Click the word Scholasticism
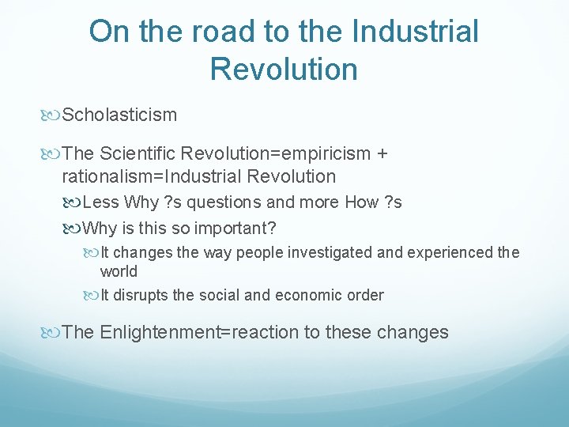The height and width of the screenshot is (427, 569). [x=119, y=115]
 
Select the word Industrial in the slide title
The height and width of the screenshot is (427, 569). [x=416, y=32]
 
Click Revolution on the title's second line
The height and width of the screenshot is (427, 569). [x=284, y=69]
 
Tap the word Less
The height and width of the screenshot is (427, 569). [x=100, y=202]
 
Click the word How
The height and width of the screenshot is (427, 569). [x=362, y=202]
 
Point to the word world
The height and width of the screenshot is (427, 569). [x=119, y=272]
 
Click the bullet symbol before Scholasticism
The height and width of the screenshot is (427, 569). [x=53, y=115]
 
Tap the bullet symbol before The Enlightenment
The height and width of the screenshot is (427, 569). [x=53, y=333]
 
